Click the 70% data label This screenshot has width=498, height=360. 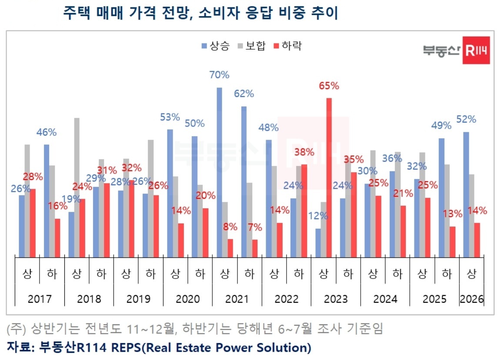coord(219,75)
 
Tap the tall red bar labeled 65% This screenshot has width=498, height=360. coord(329,178)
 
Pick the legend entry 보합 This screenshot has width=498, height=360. coord(251,46)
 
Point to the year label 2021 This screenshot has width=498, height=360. coord(237,299)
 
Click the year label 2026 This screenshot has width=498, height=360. coord(472,299)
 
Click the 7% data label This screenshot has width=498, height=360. coord(255,227)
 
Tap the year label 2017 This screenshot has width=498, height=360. coord(40,299)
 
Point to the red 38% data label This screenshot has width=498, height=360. coord(304,153)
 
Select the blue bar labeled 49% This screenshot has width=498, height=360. coord(441,198)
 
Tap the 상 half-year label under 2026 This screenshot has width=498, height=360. coord(472,274)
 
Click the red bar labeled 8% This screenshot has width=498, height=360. coord(230,248)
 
